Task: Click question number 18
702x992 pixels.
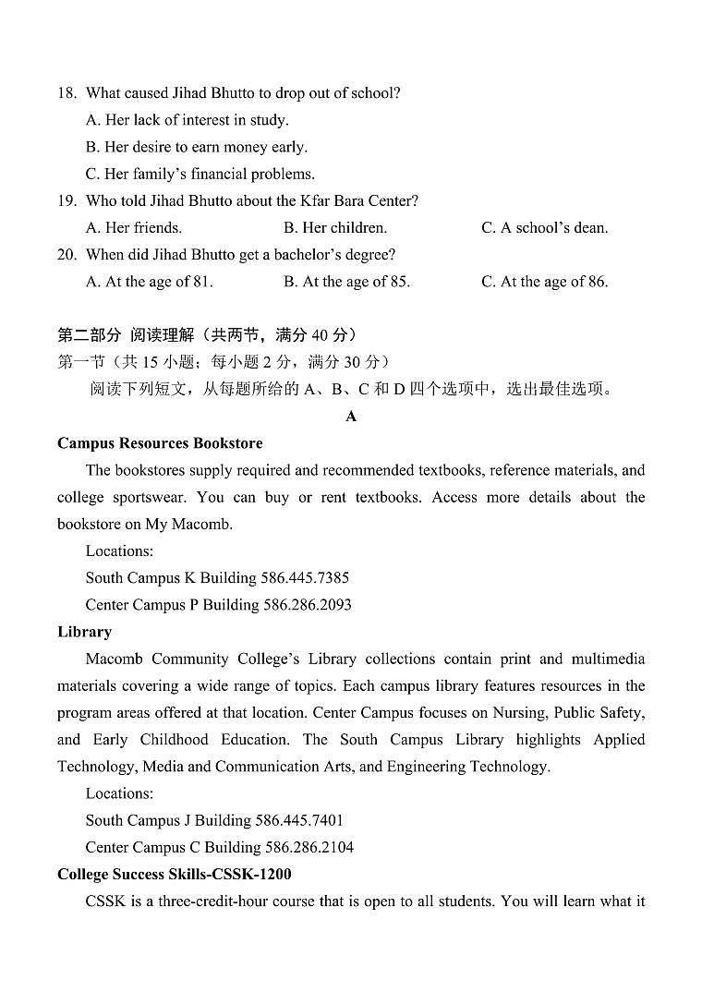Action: pyautogui.click(x=66, y=93)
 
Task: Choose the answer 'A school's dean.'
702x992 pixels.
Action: pyautogui.click(x=544, y=228)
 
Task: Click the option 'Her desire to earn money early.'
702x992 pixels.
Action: pyautogui.click(x=196, y=147)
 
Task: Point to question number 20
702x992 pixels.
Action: pyautogui.click(x=66, y=255)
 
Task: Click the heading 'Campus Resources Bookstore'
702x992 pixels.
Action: pyautogui.click(x=160, y=443)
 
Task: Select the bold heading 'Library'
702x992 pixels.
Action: pyautogui.click(x=84, y=632)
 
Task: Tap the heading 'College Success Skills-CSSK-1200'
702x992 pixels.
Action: pyautogui.click(x=175, y=874)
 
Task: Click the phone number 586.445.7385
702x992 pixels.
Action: pyautogui.click(x=306, y=578)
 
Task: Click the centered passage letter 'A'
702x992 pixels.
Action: pyautogui.click(x=351, y=417)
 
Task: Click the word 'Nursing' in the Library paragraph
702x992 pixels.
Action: pyautogui.click(x=582, y=713)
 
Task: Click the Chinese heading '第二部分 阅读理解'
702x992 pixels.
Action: pyautogui.click(x=126, y=335)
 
